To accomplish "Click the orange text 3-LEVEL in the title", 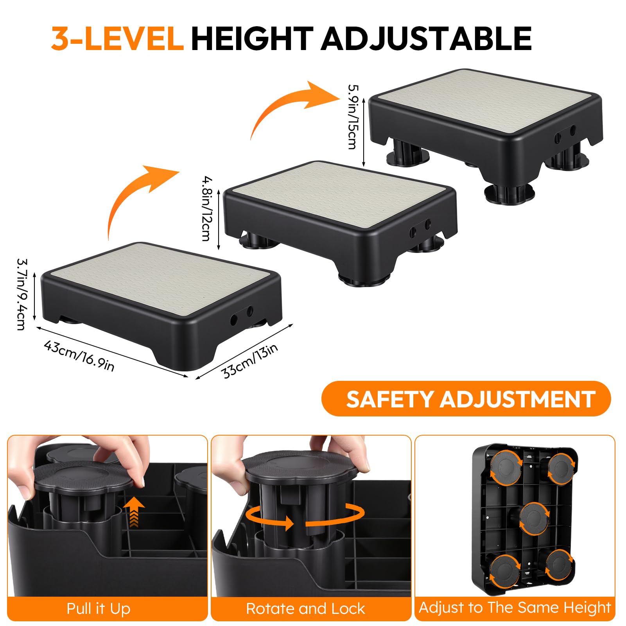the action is coord(117,38).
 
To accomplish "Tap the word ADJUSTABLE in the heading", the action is coord(426,38).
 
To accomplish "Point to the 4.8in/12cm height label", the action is coord(207,209).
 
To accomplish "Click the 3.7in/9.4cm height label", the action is coord(22,294).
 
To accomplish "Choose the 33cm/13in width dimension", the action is coord(250,361).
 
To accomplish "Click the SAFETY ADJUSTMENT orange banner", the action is coord(466,399).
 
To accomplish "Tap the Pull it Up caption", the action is coord(99,609).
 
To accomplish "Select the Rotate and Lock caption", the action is coord(305,609).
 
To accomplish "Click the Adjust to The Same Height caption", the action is coord(515,608).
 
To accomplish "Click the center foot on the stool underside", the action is coord(534,518).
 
